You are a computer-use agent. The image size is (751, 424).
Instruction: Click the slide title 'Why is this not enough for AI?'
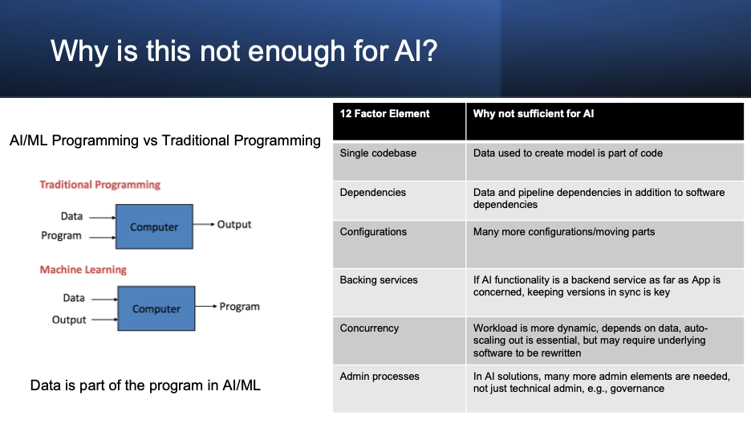coord(244,51)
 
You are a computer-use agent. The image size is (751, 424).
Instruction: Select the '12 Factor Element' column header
coord(384,113)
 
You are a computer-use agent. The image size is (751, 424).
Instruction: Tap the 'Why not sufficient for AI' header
coord(534,113)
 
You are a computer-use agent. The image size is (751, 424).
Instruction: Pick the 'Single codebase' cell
coord(378,153)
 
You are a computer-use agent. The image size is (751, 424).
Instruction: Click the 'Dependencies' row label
coord(372,193)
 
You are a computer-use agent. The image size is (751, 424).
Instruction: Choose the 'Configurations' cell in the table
coord(373,232)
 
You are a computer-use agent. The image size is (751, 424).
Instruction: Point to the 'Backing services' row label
coord(379,280)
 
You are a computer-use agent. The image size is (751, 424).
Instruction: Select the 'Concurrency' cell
coord(369,328)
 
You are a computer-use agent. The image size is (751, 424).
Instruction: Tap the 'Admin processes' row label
coord(380,377)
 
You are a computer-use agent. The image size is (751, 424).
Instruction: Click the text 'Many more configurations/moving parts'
coord(564,232)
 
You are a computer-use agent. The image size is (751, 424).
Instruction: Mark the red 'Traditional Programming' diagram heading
coord(99,185)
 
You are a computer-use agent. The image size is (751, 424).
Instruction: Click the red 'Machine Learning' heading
coord(83,270)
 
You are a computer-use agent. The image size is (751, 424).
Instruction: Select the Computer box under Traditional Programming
coord(154,226)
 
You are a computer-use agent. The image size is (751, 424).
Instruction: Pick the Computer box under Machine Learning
coord(156,308)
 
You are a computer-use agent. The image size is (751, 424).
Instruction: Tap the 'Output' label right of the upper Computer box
coord(234,225)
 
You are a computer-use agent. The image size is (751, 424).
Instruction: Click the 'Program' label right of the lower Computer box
coord(239,307)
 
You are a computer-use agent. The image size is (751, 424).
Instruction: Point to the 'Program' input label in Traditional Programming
coord(61,236)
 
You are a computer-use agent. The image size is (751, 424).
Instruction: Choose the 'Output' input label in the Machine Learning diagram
coord(69,320)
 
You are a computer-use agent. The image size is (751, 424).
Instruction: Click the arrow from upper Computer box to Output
coord(204,224)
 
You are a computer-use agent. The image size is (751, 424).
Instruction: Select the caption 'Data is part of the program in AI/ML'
coord(145,385)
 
